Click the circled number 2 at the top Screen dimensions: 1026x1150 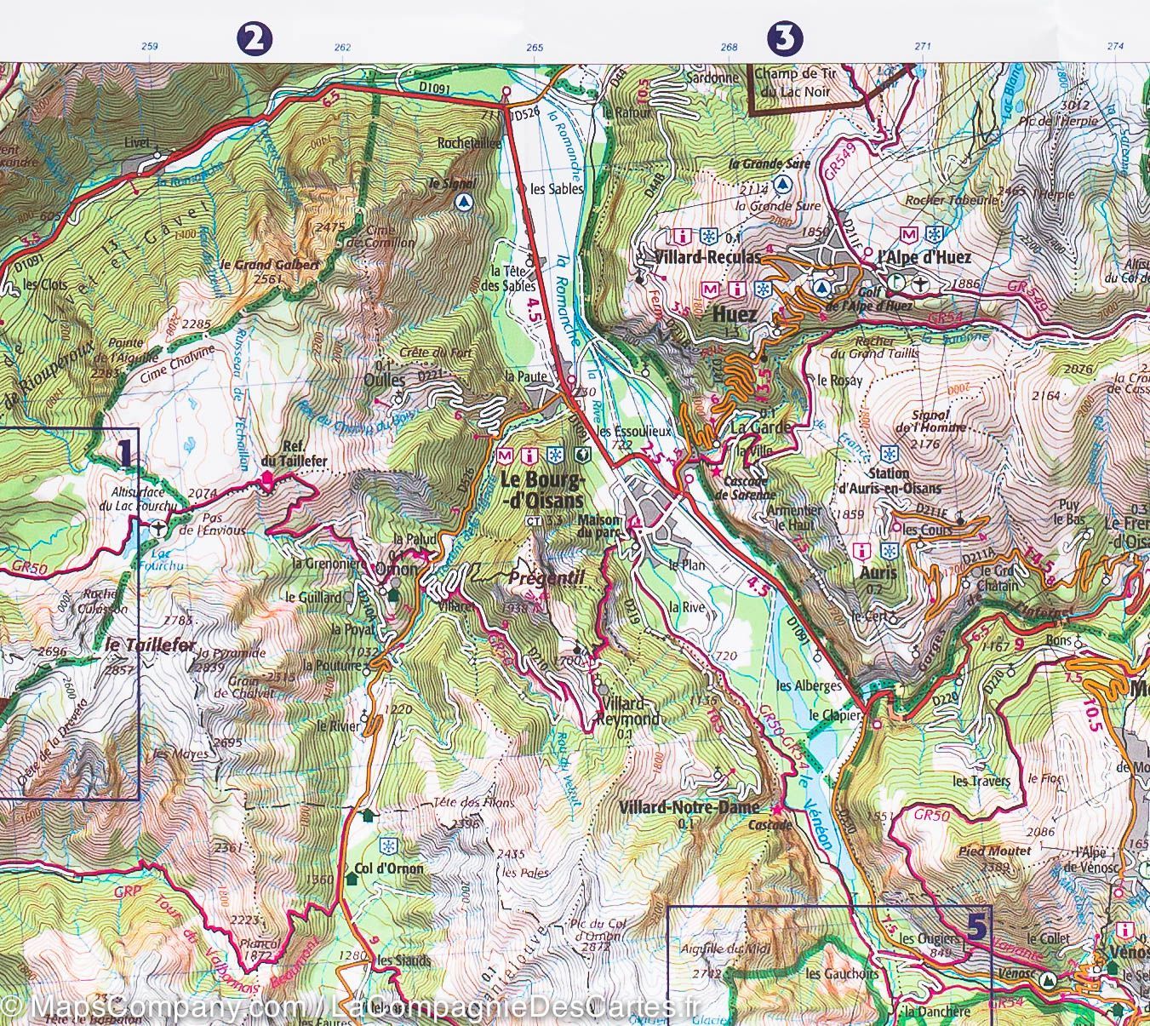255,38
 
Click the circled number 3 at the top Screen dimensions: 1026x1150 785,37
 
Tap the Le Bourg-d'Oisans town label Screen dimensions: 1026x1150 542,490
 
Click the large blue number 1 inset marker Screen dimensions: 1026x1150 124,451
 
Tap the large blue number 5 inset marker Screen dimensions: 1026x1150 978,926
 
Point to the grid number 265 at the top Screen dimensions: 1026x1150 535,48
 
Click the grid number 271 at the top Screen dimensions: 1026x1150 923,47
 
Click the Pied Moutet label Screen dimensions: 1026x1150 994,851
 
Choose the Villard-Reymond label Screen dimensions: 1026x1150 631,712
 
